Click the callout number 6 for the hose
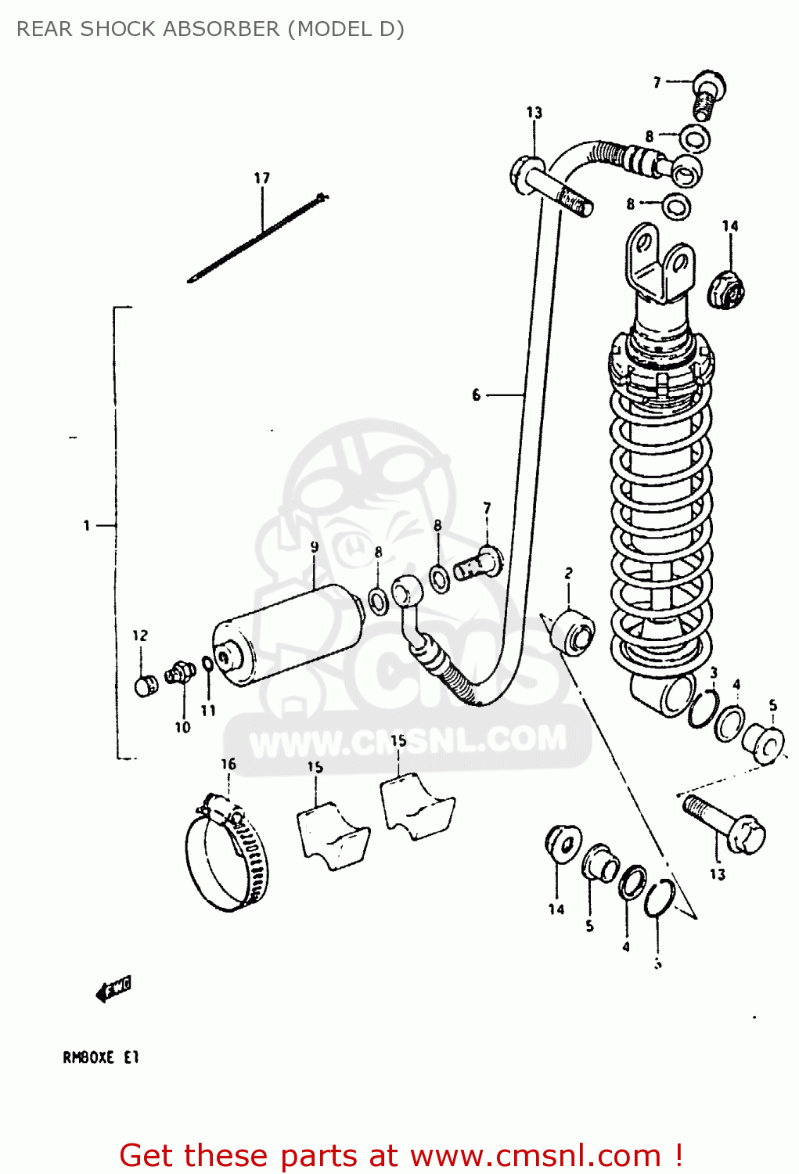point(476,395)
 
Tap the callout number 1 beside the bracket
point(86,525)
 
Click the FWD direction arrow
point(113,989)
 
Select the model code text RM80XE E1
point(100,1057)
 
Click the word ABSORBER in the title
point(223,29)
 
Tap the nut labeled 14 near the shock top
point(726,290)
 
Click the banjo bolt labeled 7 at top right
point(707,94)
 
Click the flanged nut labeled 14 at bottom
point(562,843)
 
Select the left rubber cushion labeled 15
point(330,831)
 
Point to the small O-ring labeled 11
point(207,664)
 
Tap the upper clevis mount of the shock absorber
point(659,262)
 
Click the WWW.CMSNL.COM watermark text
point(407,740)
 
